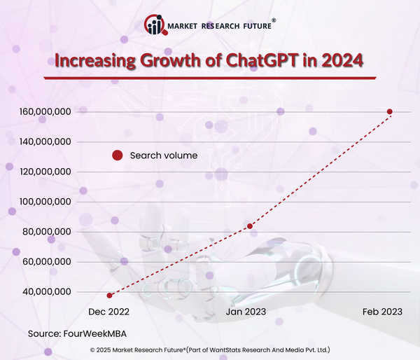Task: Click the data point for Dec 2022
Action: pyautogui.click(x=109, y=296)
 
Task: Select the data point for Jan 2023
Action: pyautogui.click(x=250, y=226)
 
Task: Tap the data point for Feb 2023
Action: pyautogui.click(x=390, y=112)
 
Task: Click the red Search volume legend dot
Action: pyautogui.click(x=118, y=155)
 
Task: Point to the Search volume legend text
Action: pyautogui.click(x=164, y=155)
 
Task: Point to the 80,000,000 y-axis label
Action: pyautogui.click(x=45, y=232)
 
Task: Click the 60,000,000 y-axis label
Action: pyautogui.click(x=45, y=262)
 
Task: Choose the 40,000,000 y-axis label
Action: pyautogui.click(x=45, y=292)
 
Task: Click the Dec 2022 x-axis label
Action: pyautogui.click(x=108, y=310)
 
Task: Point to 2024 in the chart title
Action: pyautogui.click(x=341, y=60)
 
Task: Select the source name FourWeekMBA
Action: pyautogui.click(x=99, y=333)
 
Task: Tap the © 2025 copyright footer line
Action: pyautogui.click(x=210, y=349)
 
